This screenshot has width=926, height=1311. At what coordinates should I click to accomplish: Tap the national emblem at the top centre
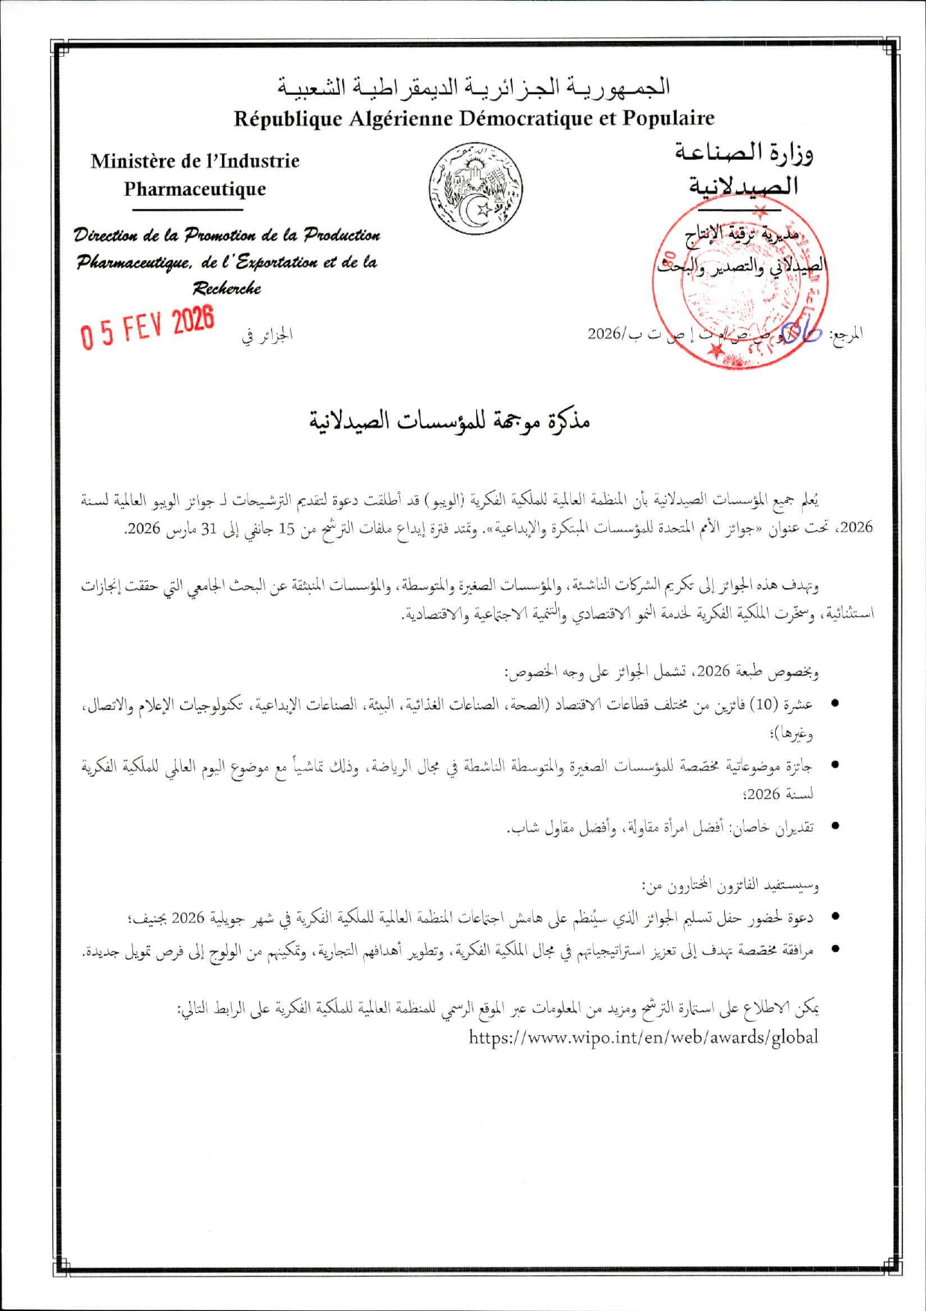475,189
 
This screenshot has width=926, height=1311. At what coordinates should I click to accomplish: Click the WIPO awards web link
643,1037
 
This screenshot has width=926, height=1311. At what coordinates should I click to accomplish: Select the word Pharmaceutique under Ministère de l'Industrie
195,189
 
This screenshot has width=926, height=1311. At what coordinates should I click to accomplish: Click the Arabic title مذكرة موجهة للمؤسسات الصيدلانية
450,422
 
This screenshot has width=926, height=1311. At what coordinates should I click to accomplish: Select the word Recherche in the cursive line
226,289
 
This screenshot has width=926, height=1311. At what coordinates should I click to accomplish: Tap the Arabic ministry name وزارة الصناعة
744,153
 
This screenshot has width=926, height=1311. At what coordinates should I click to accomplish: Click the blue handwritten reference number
800,331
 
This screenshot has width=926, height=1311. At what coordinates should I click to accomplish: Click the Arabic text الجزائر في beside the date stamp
267,335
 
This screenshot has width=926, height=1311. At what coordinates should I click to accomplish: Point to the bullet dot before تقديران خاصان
835,827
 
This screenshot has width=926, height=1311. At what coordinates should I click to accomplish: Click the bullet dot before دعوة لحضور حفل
835,916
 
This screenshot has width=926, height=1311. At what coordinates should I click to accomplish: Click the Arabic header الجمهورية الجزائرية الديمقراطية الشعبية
475,88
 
